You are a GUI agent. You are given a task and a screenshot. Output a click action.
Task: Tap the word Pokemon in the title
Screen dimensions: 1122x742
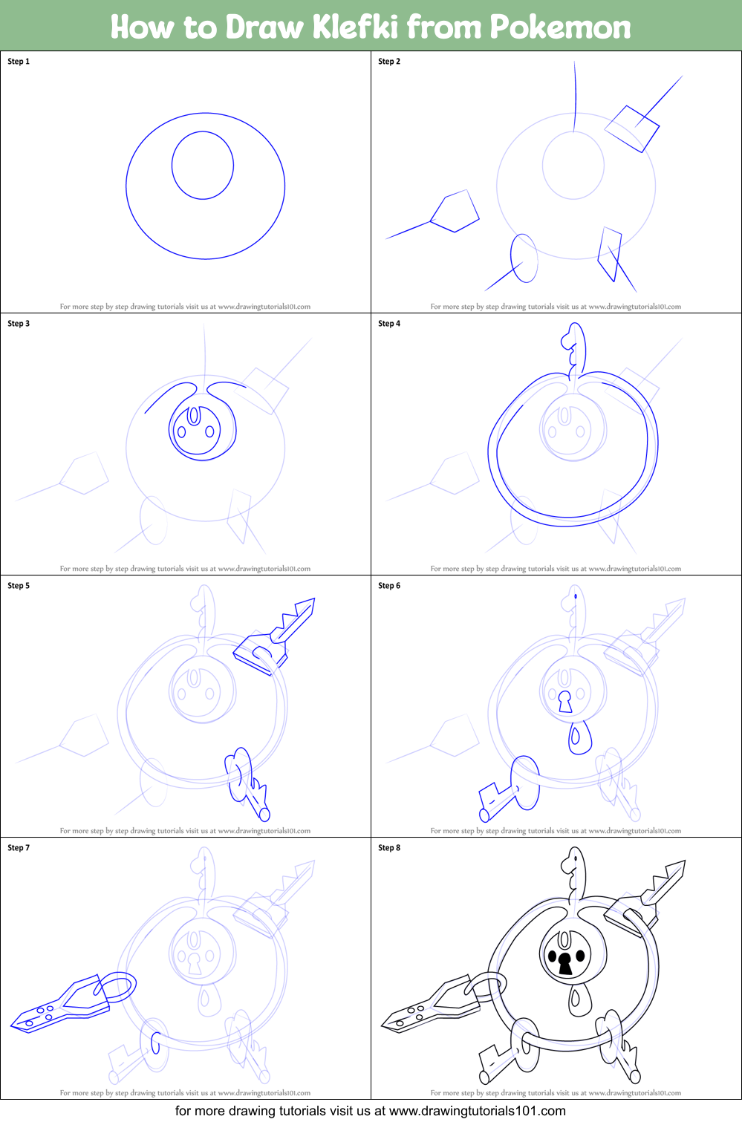point(560,27)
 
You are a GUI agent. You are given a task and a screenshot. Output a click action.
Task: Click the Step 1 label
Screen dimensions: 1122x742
point(19,62)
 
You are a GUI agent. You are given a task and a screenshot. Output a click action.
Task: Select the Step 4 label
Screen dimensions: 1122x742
point(389,324)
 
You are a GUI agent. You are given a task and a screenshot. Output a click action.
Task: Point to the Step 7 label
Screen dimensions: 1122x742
point(19,848)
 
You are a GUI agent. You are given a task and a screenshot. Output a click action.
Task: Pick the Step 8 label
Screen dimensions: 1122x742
point(389,848)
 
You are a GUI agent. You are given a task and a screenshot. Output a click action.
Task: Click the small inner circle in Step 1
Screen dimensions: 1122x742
point(203,166)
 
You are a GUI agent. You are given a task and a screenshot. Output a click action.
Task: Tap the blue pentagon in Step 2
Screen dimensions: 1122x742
point(455,212)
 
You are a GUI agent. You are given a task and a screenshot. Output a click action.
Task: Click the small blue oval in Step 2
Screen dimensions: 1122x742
point(524,258)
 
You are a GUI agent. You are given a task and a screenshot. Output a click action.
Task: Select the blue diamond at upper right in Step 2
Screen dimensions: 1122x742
point(632,128)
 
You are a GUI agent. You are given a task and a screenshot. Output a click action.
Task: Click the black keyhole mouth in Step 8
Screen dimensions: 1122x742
point(565,964)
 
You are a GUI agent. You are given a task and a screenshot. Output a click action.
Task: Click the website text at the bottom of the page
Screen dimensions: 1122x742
point(371,1111)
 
